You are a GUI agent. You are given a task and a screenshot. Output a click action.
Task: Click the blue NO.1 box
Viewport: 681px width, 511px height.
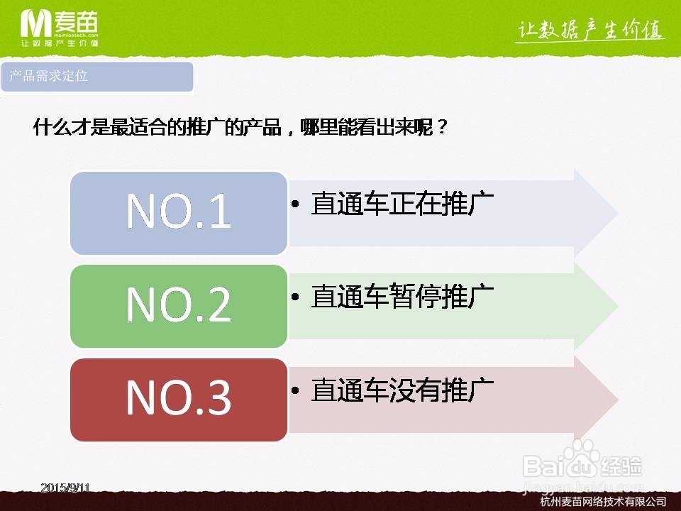pyautogui.click(x=179, y=212)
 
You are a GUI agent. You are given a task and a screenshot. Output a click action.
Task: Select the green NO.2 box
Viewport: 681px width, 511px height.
pyautogui.click(x=179, y=306)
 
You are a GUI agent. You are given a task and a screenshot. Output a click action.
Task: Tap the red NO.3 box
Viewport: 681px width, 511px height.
pyautogui.click(x=179, y=400)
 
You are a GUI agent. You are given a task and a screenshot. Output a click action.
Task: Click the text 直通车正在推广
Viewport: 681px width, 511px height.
pyautogui.click(x=402, y=204)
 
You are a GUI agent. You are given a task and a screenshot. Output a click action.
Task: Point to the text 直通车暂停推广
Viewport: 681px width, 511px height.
pyautogui.click(x=402, y=297)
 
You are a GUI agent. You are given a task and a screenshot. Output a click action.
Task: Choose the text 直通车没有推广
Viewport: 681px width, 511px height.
pyautogui.click(x=402, y=390)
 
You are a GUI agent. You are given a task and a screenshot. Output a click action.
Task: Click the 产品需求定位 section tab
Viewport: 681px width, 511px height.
pyautogui.click(x=97, y=77)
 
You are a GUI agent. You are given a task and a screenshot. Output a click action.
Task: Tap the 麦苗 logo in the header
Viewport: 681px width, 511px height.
pyautogui.click(x=60, y=26)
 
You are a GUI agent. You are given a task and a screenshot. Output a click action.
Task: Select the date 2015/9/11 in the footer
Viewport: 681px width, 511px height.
pyautogui.click(x=65, y=488)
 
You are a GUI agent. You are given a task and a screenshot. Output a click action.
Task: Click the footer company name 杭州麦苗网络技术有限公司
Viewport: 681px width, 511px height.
pyautogui.click(x=602, y=502)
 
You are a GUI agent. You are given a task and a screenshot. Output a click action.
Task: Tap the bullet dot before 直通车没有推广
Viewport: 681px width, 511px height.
pyautogui.click(x=296, y=390)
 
